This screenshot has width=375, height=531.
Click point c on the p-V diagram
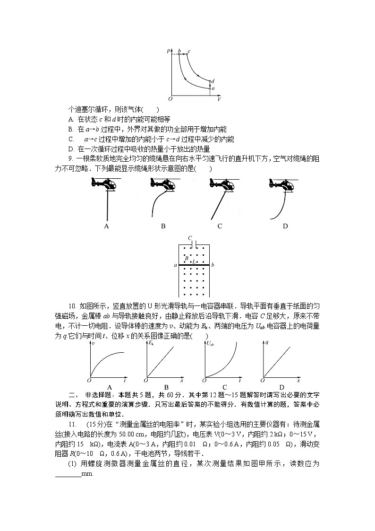(x=189, y=51)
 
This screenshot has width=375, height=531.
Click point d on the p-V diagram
(x=213, y=81)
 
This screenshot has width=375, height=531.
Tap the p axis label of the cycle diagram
(x=169, y=50)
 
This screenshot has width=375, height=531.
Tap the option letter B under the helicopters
(x=163, y=226)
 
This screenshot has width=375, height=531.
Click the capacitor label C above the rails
(x=189, y=238)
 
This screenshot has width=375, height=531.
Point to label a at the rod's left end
(x=175, y=265)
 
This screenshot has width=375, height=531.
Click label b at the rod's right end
(x=213, y=265)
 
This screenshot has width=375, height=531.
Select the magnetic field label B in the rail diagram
(x=187, y=258)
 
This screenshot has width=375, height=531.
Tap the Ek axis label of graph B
(x=151, y=343)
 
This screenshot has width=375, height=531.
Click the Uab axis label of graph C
(x=210, y=344)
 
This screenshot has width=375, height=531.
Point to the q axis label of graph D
(x=267, y=342)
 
